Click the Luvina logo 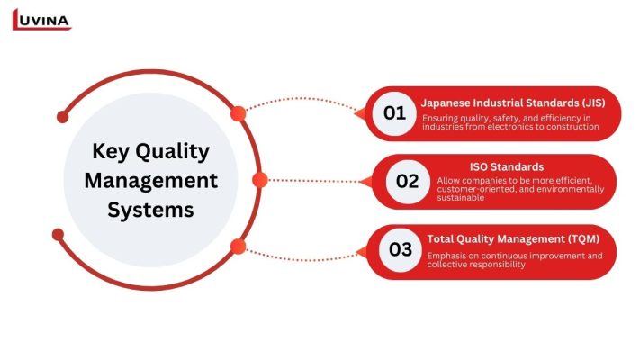tap(41, 19)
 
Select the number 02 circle tap(408, 181)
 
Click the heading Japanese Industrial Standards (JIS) tap(512, 103)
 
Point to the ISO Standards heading tap(506, 166)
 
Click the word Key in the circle tap(111, 150)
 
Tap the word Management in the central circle tap(151, 180)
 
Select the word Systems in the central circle tap(151, 210)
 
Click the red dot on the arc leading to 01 tap(238, 114)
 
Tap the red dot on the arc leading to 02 tap(260, 180)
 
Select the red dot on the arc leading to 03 tap(238, 246)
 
